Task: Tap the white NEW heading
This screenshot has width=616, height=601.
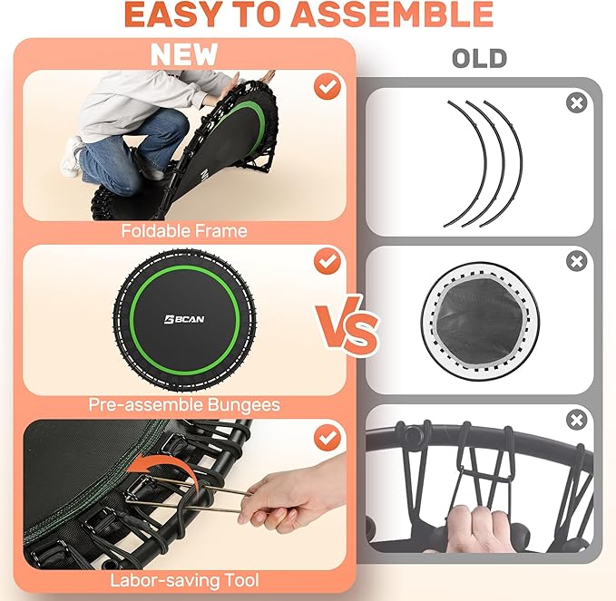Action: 184,54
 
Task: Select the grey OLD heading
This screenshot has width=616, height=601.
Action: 479,59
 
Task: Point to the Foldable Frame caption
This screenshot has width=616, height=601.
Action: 184,230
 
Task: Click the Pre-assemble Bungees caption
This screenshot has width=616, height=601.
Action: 184,404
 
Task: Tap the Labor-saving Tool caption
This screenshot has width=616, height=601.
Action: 184,580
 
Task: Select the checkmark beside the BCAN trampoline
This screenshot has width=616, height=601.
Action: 328,261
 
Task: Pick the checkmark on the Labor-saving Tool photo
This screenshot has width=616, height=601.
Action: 328,437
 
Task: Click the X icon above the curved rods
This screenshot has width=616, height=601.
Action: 576,103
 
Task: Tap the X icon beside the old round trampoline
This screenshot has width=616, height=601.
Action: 576,261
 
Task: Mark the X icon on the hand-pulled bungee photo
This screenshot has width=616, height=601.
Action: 576,421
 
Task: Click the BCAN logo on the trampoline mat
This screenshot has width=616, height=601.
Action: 184,319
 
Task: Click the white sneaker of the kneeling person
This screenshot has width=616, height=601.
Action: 72,156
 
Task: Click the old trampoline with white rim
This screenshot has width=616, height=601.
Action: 480,321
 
